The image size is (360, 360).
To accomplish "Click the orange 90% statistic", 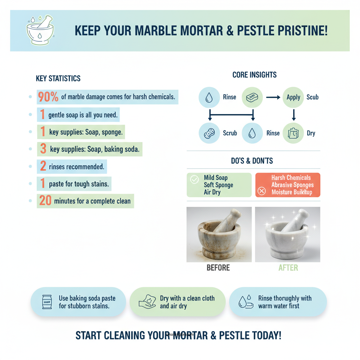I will coord(48,97).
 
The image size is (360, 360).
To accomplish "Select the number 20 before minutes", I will coord(45,201).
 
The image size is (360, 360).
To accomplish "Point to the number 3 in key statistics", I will coord(43,149).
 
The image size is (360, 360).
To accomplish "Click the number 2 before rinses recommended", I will coord(43,166).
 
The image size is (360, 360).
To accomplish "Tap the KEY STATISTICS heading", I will coord(58,78).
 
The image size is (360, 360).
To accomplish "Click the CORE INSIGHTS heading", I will coord(255,75).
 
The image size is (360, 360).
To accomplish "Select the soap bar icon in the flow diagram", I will coord(252,97).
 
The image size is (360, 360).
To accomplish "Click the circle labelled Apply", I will coord(293,97).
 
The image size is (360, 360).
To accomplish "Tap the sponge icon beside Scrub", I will coord(209,133).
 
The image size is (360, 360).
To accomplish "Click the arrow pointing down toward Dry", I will coord(294,115).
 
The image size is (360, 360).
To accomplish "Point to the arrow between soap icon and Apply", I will coord(273,97).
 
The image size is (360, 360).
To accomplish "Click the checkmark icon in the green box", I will coord(194,180).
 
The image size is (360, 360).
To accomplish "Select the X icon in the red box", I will coord(262,191).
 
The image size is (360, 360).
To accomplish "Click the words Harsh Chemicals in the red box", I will coord(291,178).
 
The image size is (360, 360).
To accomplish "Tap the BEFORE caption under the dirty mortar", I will coord(218,268).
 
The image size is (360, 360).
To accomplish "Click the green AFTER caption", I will coord(288,268).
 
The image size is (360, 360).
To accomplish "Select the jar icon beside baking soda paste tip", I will coord(47,302).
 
